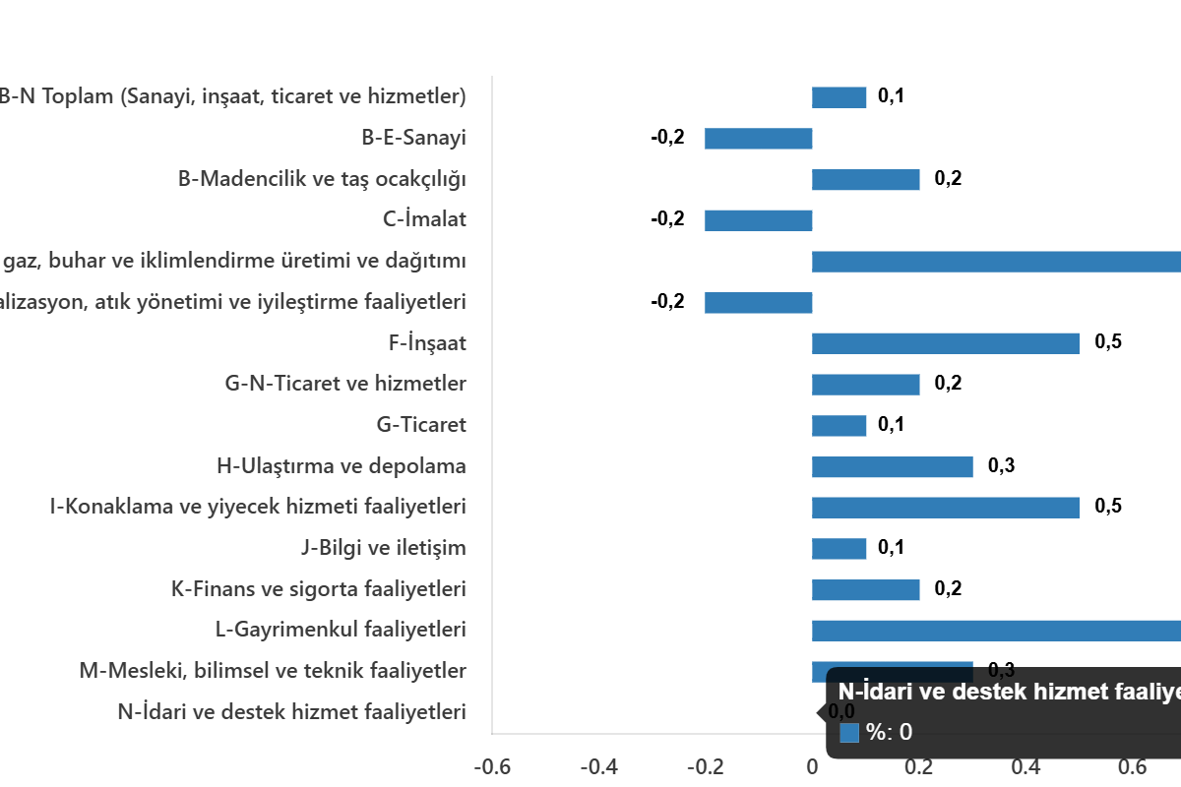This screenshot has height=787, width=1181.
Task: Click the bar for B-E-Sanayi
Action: click(758, 139)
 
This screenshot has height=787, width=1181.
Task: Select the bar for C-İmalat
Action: click(758, 220)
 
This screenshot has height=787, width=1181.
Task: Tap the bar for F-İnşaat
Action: click(945, 343)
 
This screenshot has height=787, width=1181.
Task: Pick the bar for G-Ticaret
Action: click(839, 426)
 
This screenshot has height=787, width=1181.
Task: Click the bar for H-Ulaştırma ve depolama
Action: click(892, 467)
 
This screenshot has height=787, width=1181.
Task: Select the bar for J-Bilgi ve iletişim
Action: click(839, 549)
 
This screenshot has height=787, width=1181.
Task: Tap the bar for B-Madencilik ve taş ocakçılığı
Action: click(865, 180)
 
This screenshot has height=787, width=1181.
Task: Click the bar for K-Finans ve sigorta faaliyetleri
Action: click(865, 590)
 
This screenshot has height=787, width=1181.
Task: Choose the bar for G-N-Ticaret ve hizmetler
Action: click(865, 385)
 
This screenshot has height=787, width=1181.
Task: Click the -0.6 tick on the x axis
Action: click(492, 767)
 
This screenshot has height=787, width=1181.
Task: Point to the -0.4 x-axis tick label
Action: click(599, 767)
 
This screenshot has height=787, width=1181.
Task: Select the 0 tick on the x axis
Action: click(812, 767)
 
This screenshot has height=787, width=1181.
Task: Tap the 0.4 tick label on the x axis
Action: click(1026, 767)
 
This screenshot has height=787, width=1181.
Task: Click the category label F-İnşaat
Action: click(427, 343)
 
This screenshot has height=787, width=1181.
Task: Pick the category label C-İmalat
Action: click(424, 220)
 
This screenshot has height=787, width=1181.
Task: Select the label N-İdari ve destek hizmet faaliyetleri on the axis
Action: click(291, 711)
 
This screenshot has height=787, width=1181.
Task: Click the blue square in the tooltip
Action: click(849, 733)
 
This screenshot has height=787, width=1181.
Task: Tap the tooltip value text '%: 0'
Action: click(889, 733)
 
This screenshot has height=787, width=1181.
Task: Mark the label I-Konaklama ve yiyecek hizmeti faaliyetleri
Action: click(258, 508)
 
